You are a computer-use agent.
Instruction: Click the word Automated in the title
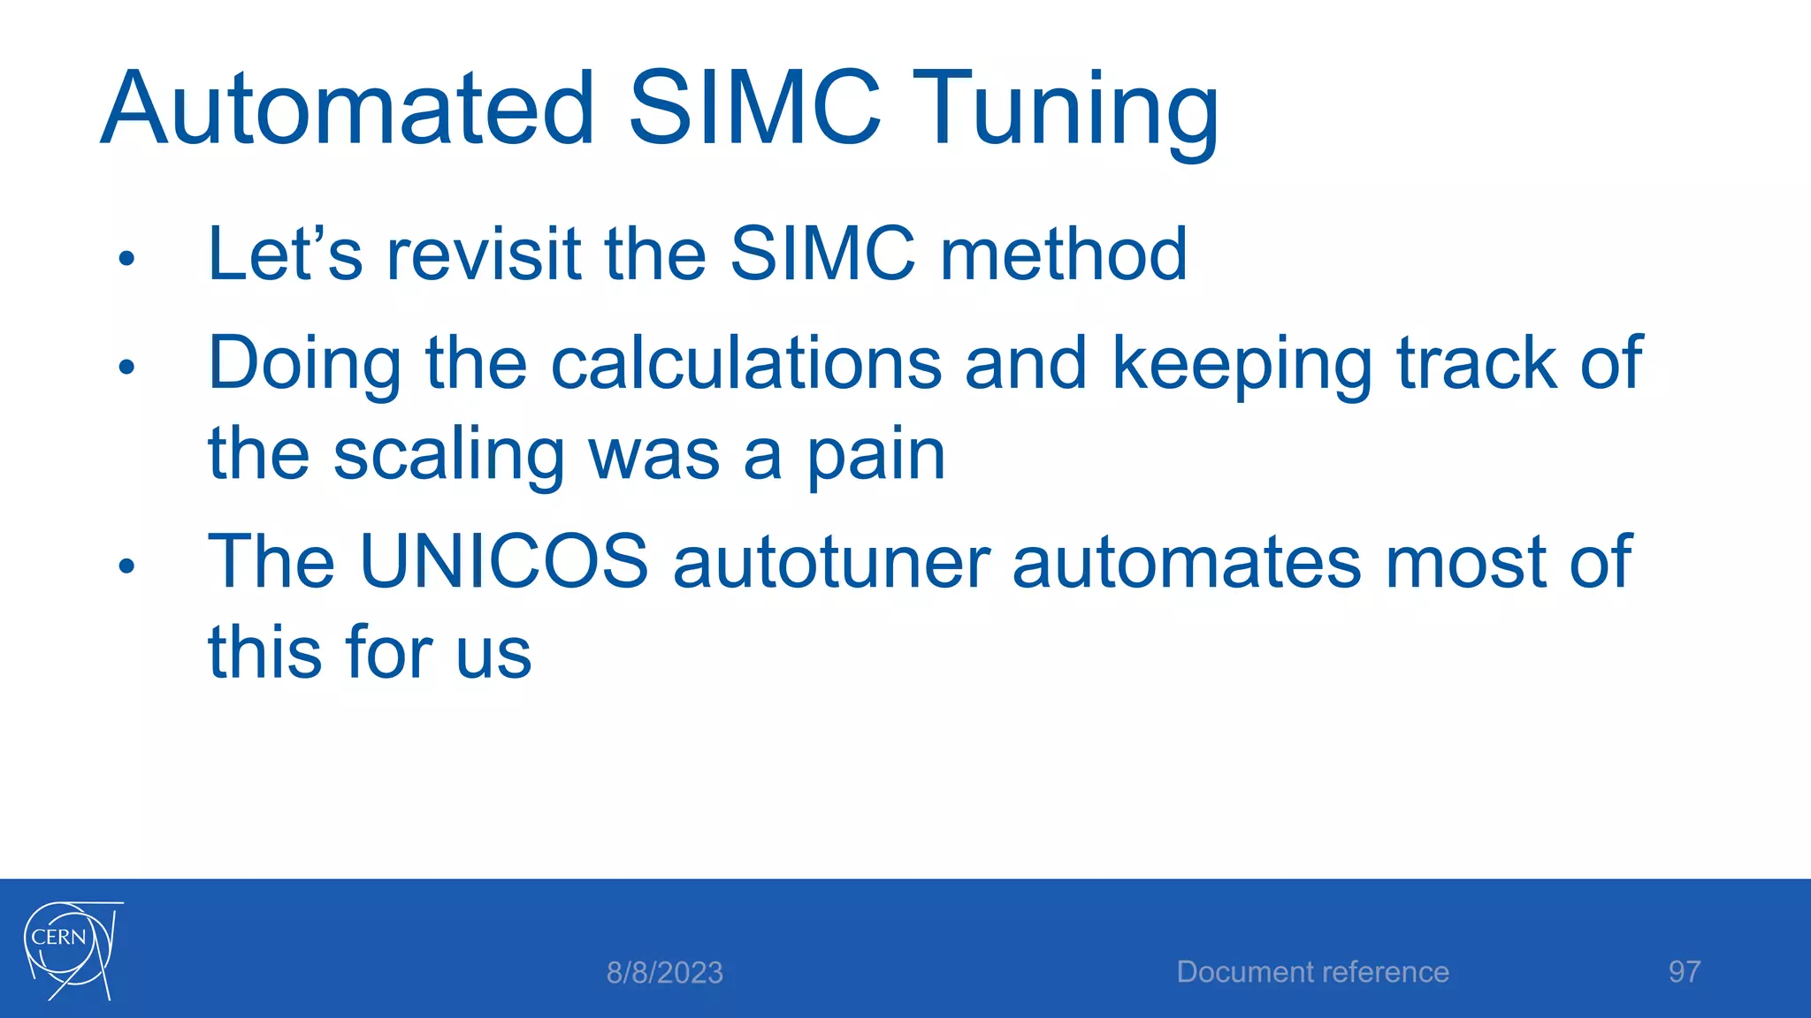(348, 110)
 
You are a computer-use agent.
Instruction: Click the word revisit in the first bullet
(484, 254)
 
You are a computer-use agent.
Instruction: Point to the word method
(1063, 254)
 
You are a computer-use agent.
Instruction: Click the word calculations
(746, 363)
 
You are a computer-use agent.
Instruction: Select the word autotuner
(831, 564)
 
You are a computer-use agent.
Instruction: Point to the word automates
(1187, 564)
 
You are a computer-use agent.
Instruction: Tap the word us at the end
(493, 654)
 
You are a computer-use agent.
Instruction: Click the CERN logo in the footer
(72, 950)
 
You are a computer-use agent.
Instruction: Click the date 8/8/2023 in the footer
(664, 973)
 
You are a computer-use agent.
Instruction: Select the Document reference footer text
(1312, 972)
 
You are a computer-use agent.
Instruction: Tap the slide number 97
(1684, 972)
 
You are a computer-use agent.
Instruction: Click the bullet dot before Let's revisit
(126, 259)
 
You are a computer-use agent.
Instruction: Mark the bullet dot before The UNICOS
(126, 566)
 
